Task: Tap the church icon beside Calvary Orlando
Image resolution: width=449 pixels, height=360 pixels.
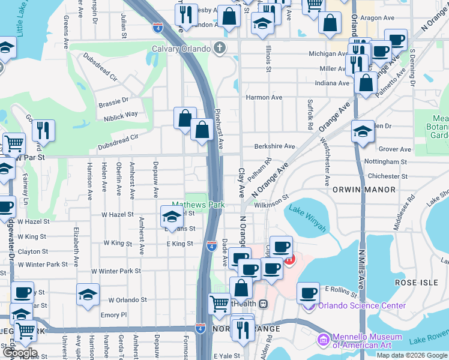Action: pos(221,49)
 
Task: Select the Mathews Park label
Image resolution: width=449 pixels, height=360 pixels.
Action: pos(198,205)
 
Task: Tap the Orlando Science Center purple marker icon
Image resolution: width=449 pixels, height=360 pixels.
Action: pos(310,305)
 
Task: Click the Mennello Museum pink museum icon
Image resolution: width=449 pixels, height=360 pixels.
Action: pos(324,340)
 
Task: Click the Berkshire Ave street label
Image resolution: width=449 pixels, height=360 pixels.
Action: pos(274,146)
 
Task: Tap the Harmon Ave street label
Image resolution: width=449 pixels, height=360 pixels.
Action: pos(264,97)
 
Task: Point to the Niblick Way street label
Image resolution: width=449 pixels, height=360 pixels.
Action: pos(122,114)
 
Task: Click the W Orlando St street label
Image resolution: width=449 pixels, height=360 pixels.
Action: pos(127,299)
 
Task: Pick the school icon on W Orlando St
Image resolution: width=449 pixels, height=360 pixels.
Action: pos(88,295)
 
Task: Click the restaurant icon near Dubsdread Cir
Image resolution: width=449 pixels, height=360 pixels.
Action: pos(43,130)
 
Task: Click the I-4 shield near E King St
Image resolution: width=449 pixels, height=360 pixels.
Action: pos(212,245)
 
